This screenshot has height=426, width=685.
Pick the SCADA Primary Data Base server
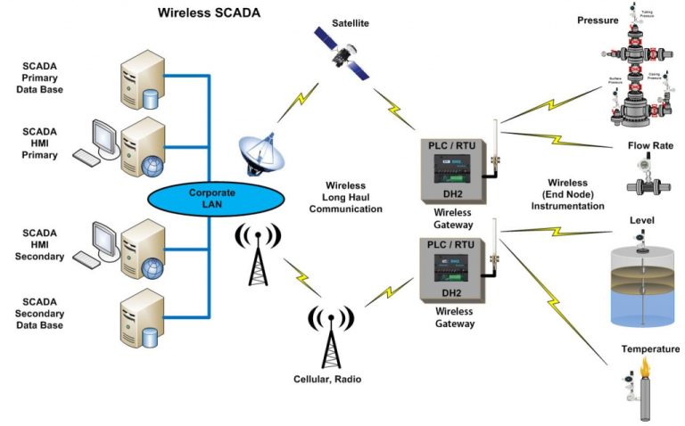click(x=141, y=78)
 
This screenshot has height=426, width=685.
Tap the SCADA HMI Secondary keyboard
click(x=88, y=258)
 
